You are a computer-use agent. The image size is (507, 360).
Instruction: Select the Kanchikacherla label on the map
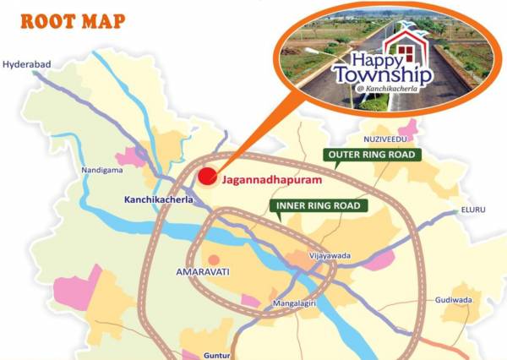(x=151, y=200)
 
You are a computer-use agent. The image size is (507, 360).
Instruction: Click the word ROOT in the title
(x=43, y=20)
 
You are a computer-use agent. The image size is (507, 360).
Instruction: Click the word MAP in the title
(x=101, y=20)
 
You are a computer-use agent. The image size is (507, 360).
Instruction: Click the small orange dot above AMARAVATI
(x=214, y=259)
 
